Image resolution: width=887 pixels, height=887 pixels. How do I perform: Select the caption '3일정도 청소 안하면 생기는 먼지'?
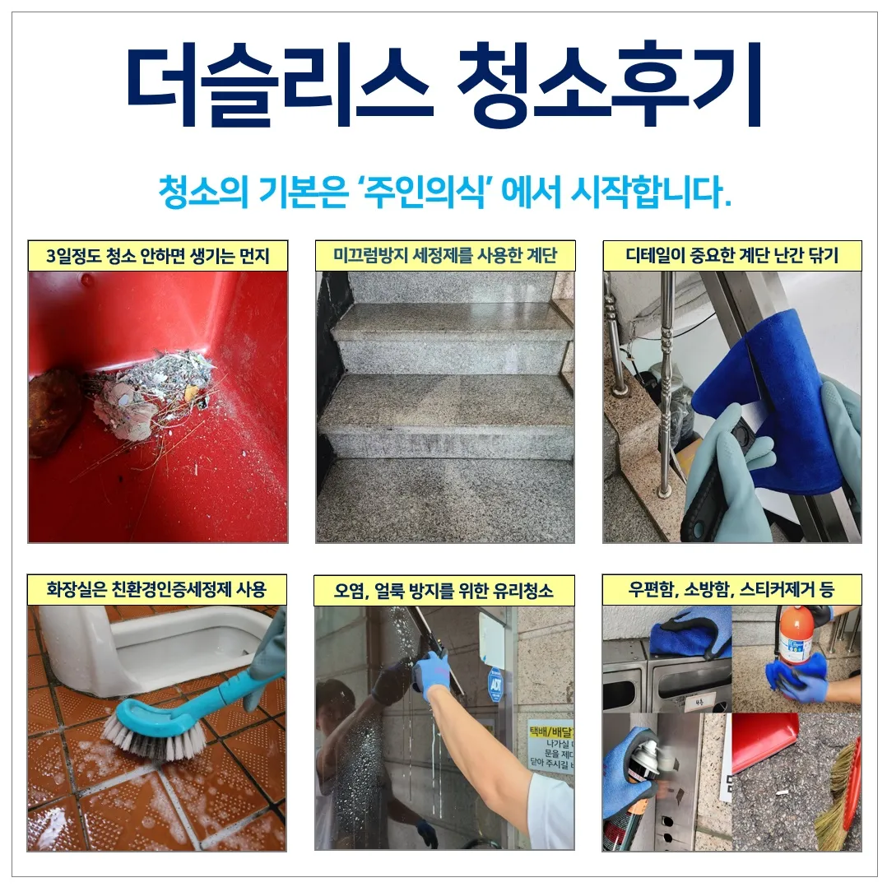(158, 255)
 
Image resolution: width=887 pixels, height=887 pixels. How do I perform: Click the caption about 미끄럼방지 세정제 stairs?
(445, 255)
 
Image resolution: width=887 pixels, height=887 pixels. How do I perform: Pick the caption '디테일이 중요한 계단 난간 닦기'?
(731, 255)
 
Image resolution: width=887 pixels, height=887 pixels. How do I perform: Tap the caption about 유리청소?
(444, 590)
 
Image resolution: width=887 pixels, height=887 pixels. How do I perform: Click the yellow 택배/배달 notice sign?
(550, 745)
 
